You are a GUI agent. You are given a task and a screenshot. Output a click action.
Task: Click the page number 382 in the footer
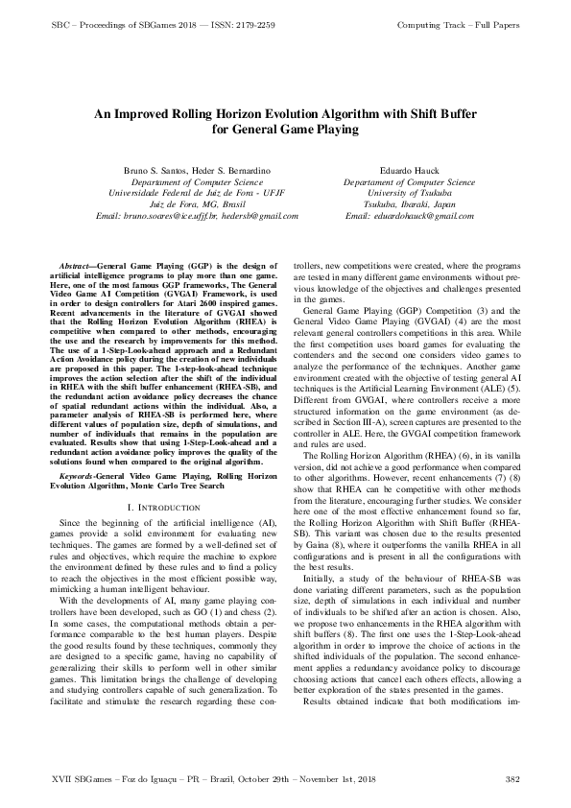click(x=512, y=777)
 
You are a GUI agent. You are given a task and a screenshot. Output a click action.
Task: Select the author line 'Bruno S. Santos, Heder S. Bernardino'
click(x=197, y=170)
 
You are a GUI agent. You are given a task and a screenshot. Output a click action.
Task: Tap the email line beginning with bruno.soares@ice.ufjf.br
click(x=199, y=216)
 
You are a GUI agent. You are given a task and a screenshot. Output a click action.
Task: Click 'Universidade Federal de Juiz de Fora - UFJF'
click(x=197, y=193)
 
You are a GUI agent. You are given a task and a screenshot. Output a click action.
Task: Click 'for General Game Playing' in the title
click(x=285, y=129)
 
